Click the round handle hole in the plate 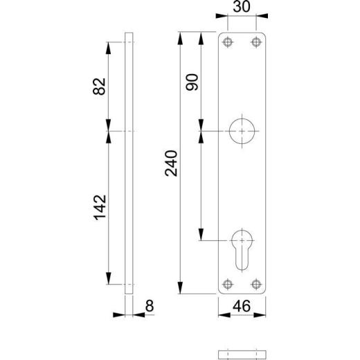tap(242, 131)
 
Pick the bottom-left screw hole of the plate tap(226, 284)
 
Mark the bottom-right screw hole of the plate tap(257, 284)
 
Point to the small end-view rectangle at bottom tap(242, 354)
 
